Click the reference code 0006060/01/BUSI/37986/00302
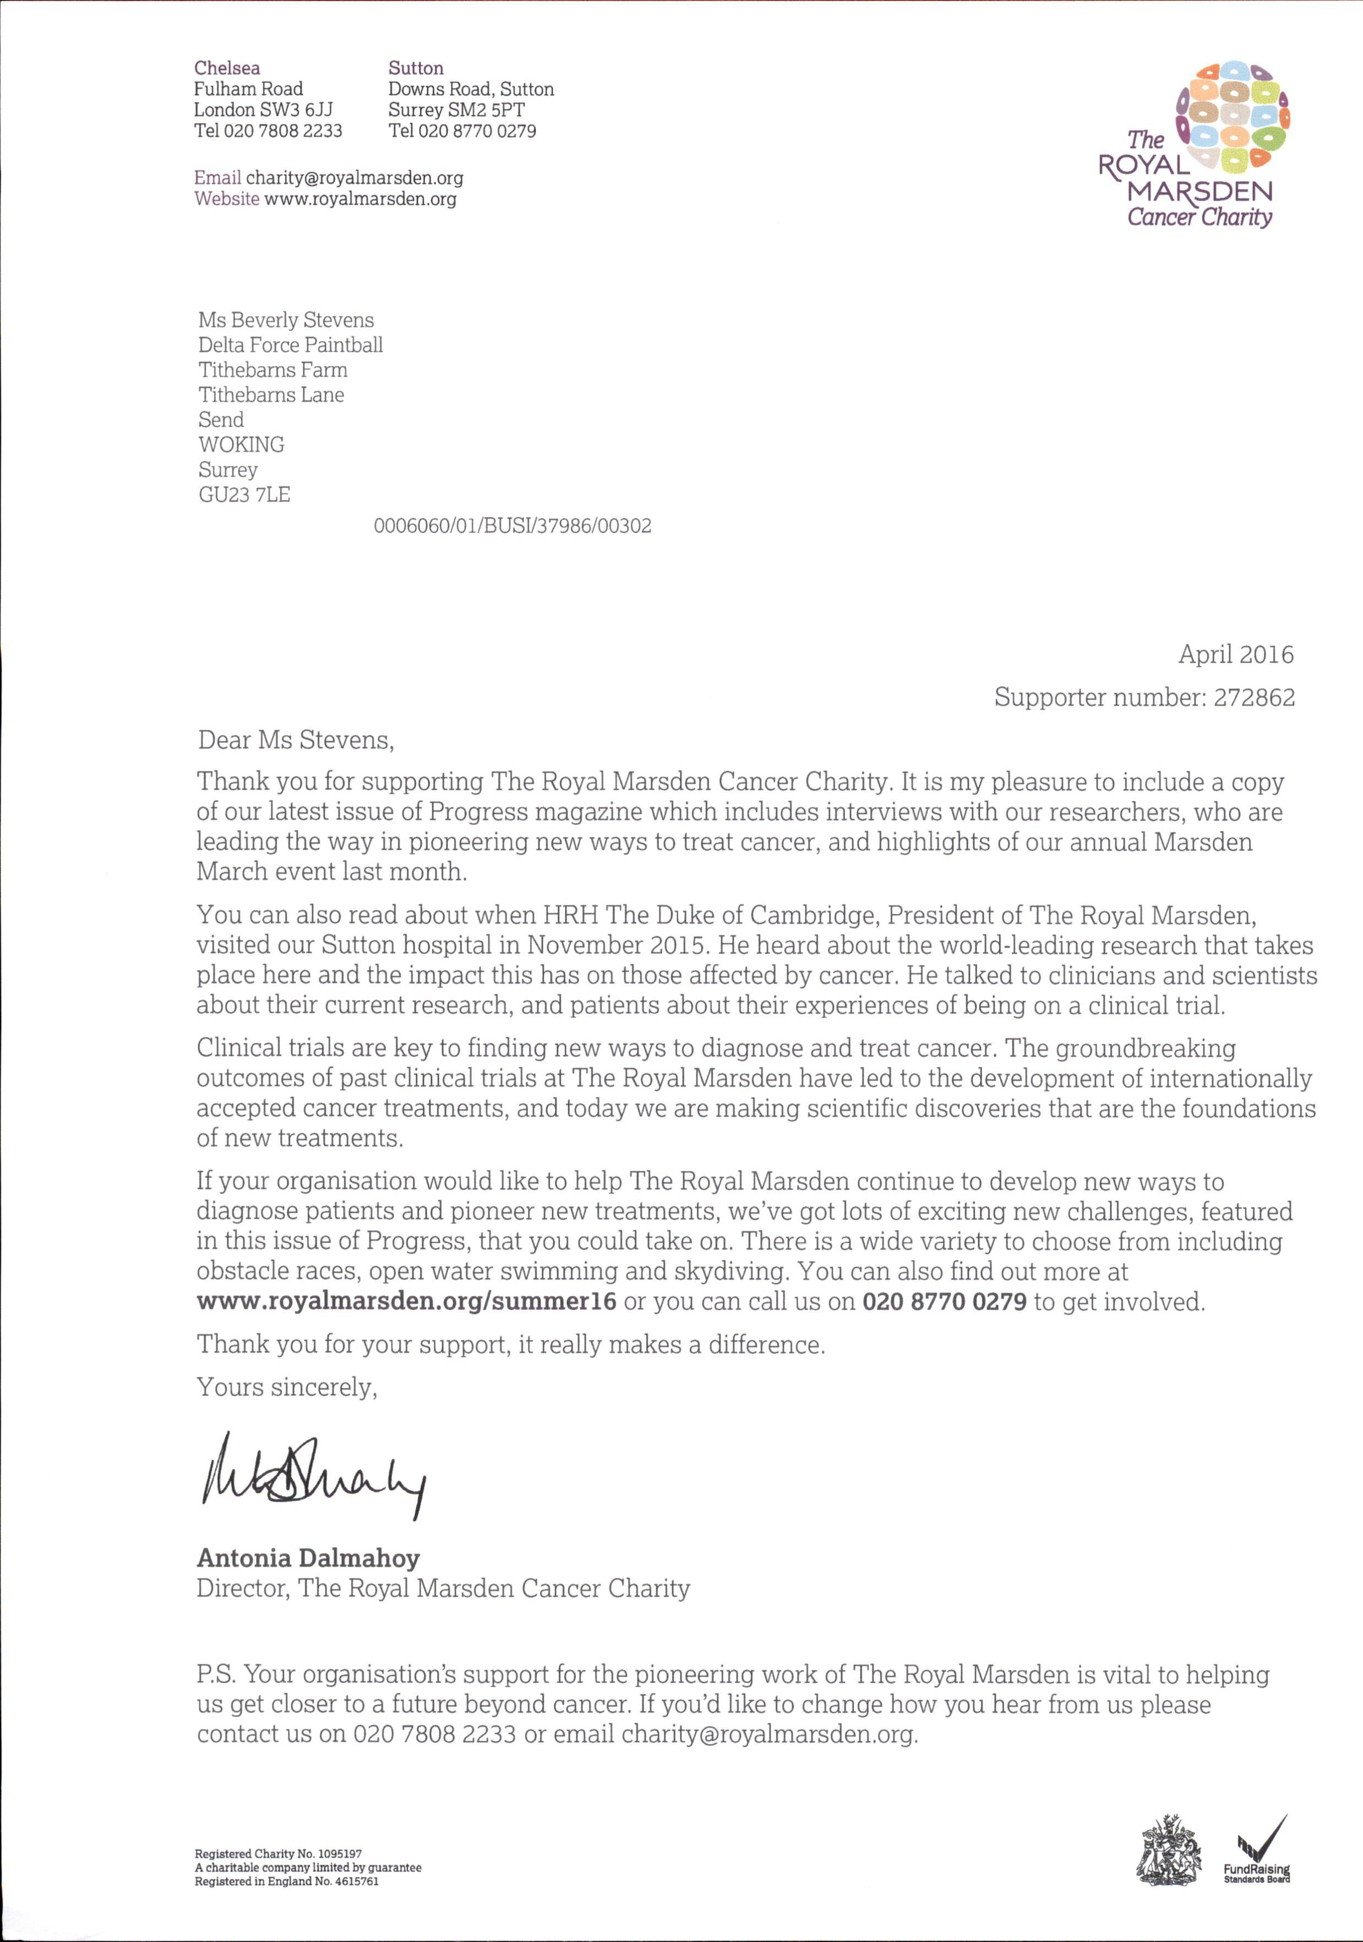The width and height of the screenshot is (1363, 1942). [513, 526]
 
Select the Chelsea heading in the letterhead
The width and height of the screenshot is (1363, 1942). [227, 68]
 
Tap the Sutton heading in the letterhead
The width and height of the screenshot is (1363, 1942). [415, 68]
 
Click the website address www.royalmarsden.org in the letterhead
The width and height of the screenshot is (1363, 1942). [360, 199]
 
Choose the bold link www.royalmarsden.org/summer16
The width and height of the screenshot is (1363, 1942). [406, 1301]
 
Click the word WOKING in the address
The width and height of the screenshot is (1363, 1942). [241, 445]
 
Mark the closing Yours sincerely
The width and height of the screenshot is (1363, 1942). [287, 1387]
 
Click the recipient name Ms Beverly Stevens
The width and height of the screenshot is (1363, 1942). [286, 319]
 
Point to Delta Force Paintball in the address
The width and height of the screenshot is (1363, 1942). [290, 345]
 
